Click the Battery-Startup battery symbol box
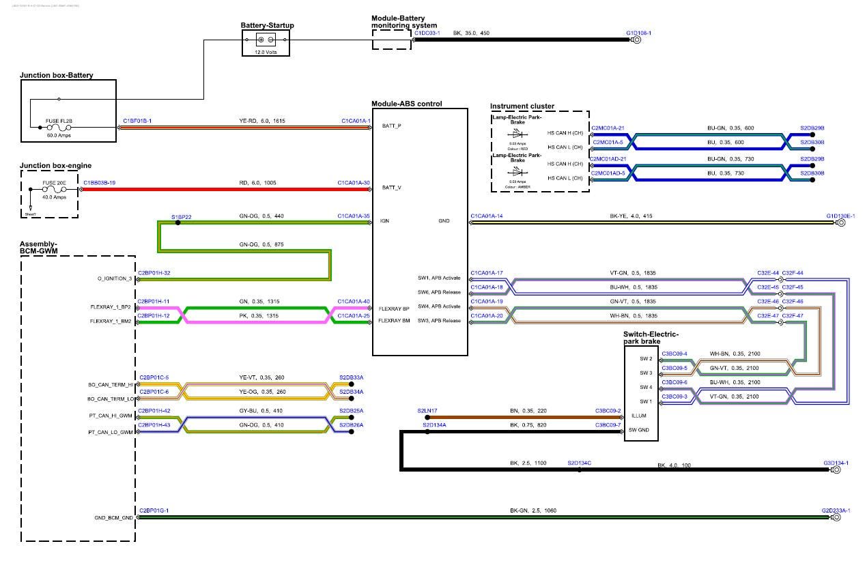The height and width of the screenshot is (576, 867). (266, 41)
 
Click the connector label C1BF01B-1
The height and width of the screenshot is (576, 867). (137, 121)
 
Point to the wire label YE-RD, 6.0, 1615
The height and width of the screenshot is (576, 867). (262, 121)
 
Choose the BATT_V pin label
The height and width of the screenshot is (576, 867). (392, 187)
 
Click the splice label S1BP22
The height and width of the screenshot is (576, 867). (181, 217)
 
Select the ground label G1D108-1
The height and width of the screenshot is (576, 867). (638, 33)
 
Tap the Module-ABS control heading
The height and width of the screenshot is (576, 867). (406, 104)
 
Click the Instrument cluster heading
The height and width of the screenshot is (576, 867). (522, 106)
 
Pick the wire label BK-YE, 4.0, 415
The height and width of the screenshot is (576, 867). (631, 216)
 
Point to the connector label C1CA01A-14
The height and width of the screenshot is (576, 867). (487, 216)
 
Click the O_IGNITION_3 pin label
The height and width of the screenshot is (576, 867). (112, 278)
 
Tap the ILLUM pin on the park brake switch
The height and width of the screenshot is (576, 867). (638, 416)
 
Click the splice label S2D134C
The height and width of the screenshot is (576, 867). (580, 463)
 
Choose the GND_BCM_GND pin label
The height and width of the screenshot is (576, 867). (114, 517)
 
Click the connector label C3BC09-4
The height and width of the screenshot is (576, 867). (674, 354)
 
